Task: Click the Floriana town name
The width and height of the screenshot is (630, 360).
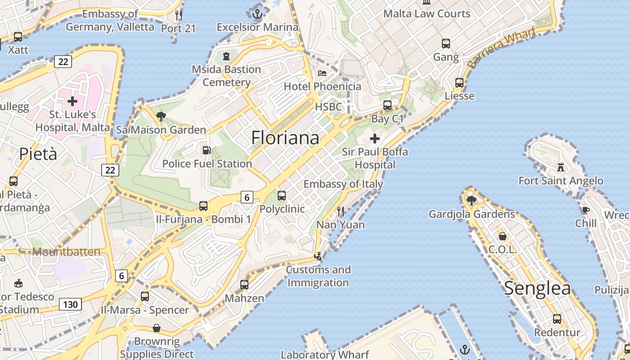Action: (x=285, y=138)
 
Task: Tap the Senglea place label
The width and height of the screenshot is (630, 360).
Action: (x=537, y=288)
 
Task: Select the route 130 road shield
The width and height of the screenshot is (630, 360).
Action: (x=70, y=304)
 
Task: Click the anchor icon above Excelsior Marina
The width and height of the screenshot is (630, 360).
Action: (x=257, y=14)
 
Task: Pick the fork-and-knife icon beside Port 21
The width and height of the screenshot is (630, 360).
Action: (x=179, y=15)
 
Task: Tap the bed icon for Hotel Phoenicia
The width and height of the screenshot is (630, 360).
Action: (x=322, y=73)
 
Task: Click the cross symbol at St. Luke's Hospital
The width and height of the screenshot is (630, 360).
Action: (x=72, y=101)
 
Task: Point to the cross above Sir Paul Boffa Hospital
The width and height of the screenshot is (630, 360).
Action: (x=374, y=138)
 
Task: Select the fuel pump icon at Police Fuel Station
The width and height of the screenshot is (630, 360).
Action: (x=207, y=150)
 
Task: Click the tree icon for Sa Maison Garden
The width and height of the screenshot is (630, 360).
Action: (x=161, y=117)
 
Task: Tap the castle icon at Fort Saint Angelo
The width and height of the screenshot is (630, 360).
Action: (x=560, y=167)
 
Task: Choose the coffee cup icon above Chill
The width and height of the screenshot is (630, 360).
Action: (x=585, y=210)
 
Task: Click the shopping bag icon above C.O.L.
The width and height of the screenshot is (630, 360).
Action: (x=503, y=236)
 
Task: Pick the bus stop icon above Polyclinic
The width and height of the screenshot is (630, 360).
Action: (x=282, y=195)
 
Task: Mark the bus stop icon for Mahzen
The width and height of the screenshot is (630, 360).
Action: (x=244, y=284)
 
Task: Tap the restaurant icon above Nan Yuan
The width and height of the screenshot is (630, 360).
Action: (x=341, y=211)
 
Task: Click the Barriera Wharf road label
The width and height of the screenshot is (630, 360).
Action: (x=501, y=48)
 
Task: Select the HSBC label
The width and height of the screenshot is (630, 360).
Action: (x=328, y=107)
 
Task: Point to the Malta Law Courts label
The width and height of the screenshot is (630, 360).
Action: (x=427, y=14)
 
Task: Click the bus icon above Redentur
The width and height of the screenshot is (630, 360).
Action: (x=557, y=319)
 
